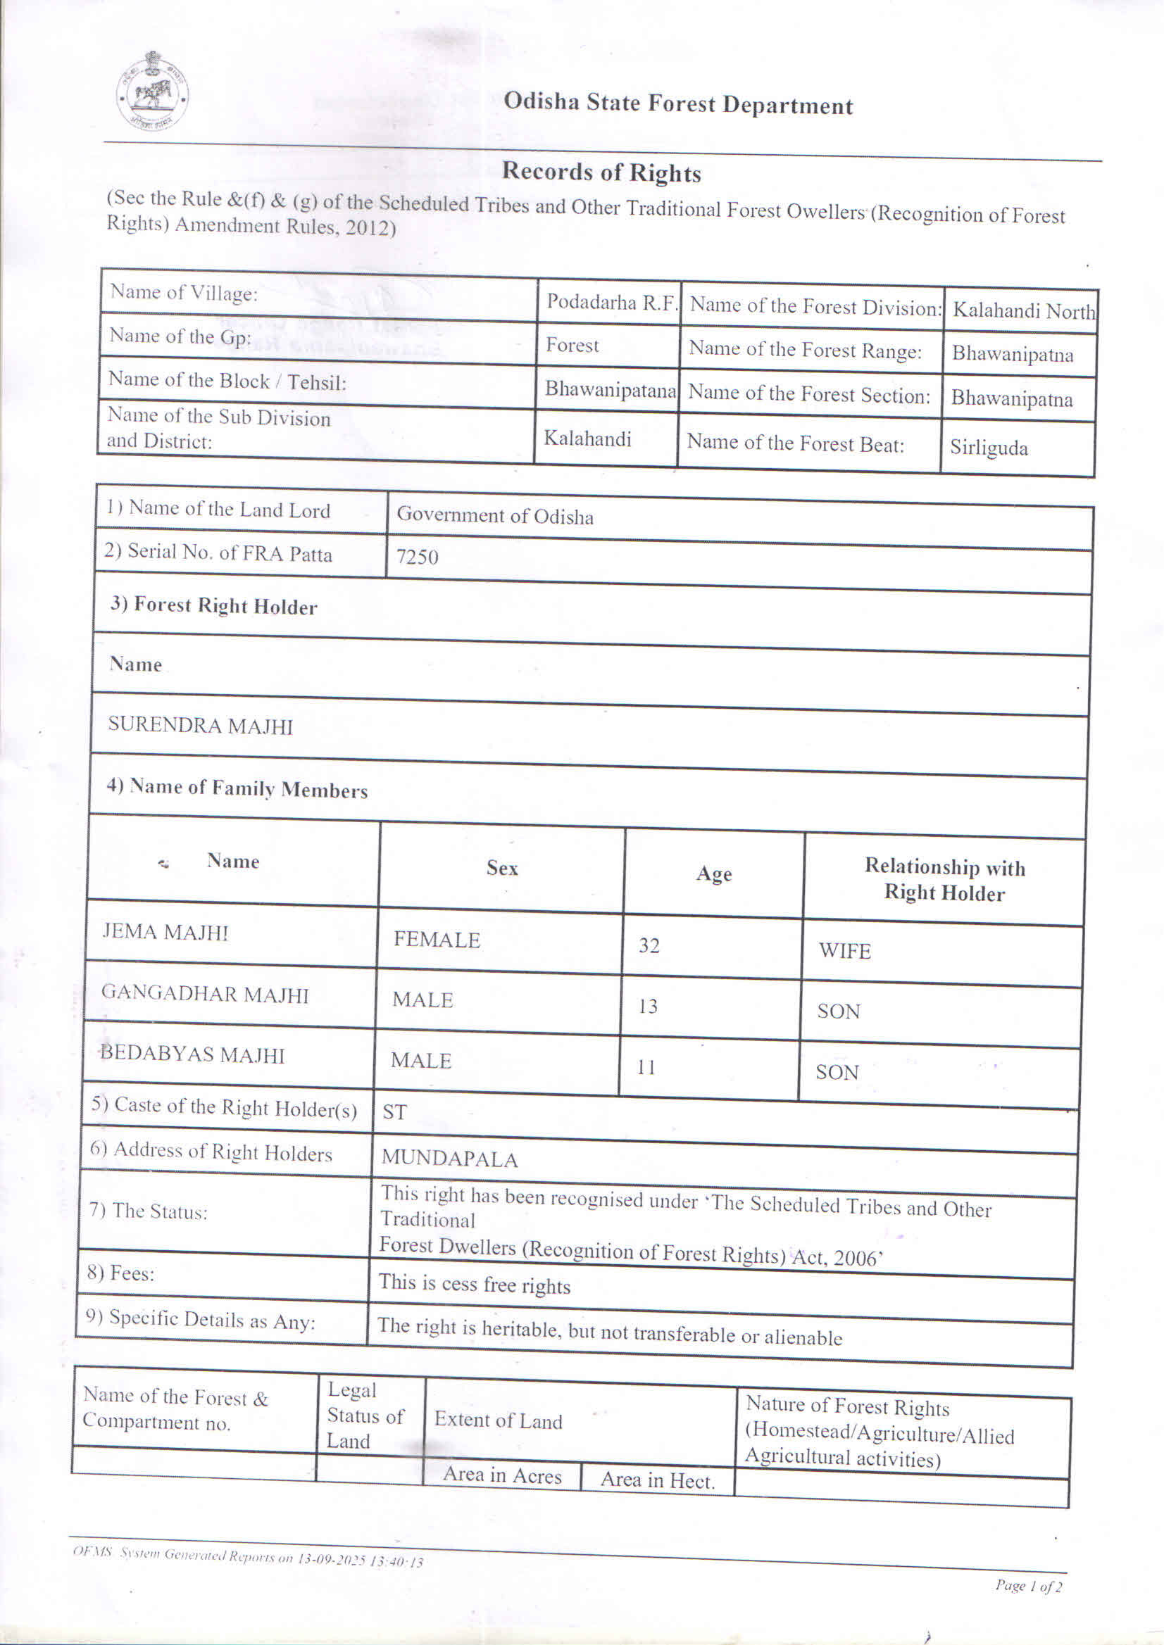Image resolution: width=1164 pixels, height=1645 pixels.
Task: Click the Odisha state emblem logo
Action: pyautogui.click(x=152, y=90)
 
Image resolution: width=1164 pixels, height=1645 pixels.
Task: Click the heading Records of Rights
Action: pyautogui.click(x=601, y=172)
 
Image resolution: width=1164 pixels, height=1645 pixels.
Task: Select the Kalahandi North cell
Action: pyautogui.click(x=1022, y=311)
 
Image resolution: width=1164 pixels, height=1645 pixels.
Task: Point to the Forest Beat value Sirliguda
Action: pyautogui.click(x=989, y=448)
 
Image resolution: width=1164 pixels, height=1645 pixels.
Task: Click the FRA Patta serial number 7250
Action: pyautogui.click(x=417, y=557)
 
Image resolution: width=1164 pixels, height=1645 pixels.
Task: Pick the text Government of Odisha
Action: pyautogui.click(x=494, y=516)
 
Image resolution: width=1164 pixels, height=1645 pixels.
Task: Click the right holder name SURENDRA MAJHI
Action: pyautogui.click(x=201, y=726)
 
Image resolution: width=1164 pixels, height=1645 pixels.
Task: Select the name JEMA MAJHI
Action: pyautogui.click(x=165, y=931)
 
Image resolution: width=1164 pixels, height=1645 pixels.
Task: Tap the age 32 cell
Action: pyautogui.click(x=649, y=946)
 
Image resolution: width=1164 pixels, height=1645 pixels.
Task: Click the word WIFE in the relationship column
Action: pyautogui.click(x=845, y=951)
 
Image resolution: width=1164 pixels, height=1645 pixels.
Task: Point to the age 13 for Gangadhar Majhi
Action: pyautogui.click(x=648, y=1007)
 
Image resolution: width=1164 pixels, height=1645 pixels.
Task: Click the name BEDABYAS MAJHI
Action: pyautogui.click(x=192, y=1054)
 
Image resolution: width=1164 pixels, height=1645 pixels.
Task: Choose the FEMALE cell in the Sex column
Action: pyautogui.click(x=437, y=939)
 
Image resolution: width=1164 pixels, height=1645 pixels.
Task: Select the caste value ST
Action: pyautogui.click(x=395, y=1112)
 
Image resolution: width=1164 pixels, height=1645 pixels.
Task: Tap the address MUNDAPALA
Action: pyautogui.click(x=449, y=1159)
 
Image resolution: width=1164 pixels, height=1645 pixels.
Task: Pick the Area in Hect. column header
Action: pyautogui.click(x=657, y=1480)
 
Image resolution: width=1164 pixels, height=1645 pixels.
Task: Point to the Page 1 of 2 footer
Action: pyautogui.click(x=1028, y=1586)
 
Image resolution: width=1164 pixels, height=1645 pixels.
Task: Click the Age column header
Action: pyautogui.click(x=714, y=874)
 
